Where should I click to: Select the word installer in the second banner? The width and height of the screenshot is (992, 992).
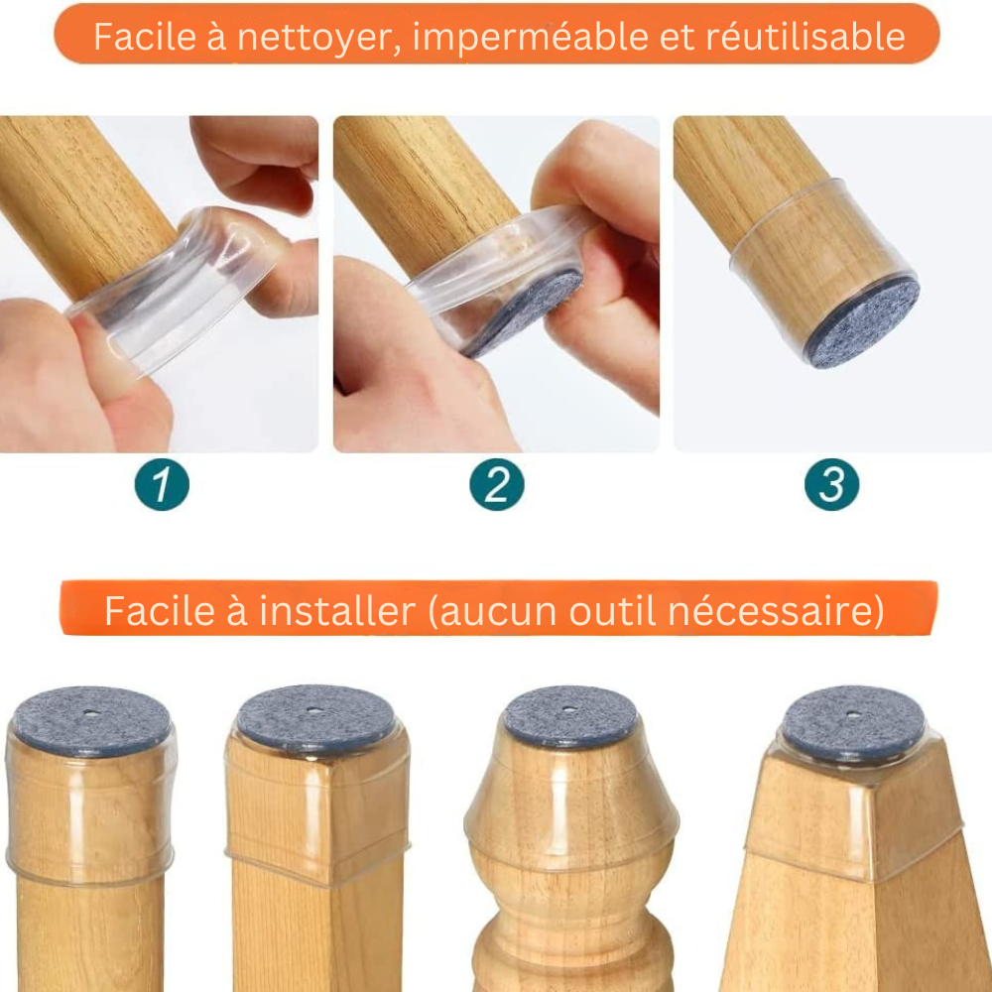click(x=336, y=612)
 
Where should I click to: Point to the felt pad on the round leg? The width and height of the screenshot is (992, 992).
click(x=90, y=720)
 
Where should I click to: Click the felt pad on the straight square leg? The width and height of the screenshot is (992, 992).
click(x=316, y=716)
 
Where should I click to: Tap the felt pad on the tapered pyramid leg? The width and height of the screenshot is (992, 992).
click(x=852, y=721)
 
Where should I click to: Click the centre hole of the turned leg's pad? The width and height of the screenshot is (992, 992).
click(x=570, y=708)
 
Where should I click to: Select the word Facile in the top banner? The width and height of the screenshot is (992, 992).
click(x=139, y=37)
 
